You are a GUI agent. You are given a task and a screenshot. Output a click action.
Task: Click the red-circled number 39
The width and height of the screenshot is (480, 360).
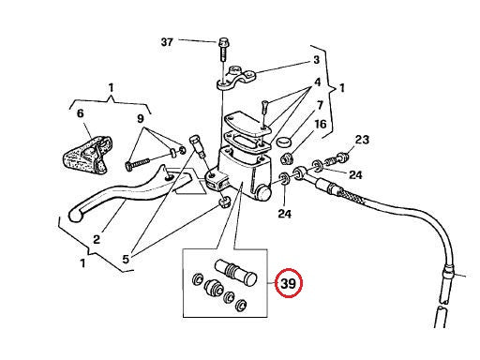(288, 283)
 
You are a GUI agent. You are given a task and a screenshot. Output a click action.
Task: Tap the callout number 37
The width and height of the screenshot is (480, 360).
(167, 42)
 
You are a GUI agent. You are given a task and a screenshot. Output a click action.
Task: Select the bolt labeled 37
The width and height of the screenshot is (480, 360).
(223, 50)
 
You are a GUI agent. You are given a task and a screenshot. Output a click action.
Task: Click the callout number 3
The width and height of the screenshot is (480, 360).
(316, 59)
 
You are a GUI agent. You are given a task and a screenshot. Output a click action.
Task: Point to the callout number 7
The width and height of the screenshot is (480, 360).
(320, 105)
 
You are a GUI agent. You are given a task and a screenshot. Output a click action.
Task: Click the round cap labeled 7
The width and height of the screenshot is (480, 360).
(284, 142)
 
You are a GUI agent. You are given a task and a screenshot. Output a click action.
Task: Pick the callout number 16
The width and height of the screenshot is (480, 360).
(320, 125)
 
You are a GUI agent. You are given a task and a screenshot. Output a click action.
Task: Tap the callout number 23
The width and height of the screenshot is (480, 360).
(362, 140)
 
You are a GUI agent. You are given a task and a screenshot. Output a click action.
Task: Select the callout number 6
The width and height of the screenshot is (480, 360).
(81, 113)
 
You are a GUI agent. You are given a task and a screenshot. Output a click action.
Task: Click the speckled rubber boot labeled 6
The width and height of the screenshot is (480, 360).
(87, 154)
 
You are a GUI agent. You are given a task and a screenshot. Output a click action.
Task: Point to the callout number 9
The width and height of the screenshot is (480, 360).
(141, 118)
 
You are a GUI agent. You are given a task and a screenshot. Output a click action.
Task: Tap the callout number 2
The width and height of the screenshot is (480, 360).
(97, 239)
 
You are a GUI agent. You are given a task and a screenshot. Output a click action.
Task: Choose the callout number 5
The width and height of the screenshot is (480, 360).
(126, 259)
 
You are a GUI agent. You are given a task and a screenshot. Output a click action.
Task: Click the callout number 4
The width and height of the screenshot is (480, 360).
(317, 82)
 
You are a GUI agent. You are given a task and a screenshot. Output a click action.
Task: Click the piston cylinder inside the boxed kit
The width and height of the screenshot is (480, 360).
(236, 272)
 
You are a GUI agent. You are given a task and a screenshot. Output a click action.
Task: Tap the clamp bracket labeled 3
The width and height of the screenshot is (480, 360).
(236, 78)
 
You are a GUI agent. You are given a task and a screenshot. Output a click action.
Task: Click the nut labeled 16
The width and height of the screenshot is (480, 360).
(287, 158)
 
